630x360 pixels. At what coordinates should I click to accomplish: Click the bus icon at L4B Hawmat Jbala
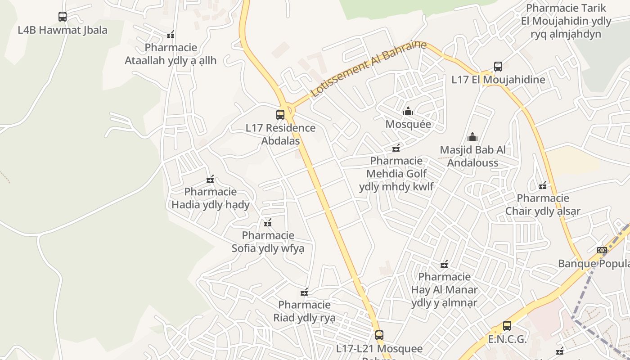pyautogui.click(x=63, y=17)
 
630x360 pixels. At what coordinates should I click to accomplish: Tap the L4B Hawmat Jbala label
pyautogui.click(x=63, y=30)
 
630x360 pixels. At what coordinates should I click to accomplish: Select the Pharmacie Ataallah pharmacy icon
pyautogui.click(x=171, y=35)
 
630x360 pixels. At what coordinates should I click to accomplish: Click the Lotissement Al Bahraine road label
pyautogui.click(x=368, y=69)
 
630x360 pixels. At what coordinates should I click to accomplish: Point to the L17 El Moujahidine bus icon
pyautogui.click(x=498, y=67)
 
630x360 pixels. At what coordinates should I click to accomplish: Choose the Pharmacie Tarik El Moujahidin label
pyautogui.click(x=566, y=21)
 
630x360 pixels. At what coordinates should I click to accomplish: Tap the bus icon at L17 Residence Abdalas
pyautogui.click(x=280, y=115)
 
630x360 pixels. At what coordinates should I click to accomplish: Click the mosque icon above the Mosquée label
pyautogui.click(x=408, y=111)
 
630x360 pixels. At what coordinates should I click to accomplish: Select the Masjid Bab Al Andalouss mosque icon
pyautogui.click(x=472, y=136)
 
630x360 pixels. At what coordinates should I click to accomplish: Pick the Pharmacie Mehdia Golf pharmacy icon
pyautogui.click(x=396, y=148)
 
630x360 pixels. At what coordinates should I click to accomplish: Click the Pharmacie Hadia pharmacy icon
pyautogui.click(x=210, y=179)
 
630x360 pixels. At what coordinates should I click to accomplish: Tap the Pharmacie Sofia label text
pyautogui.click(x=268, y=242)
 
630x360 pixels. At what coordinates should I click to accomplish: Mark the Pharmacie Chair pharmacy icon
pyautogui.click(x=543, y=185)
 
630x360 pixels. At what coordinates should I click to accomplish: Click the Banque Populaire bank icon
pyautogui.click(x=602, y=250)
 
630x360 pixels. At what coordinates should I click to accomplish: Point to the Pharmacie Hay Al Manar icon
pyautogui.click(x=444, y=264)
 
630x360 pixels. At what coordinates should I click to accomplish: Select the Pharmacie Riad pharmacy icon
pyautogui.click(x=304, y=292)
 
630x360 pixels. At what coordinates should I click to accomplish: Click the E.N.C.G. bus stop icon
pyautogui.click(x=507, y=326)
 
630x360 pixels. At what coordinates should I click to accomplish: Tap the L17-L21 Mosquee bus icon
pyautogui.click(x=379, y=335)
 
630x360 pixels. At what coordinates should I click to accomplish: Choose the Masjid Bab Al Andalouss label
pyautogui.click(x=472, y=156)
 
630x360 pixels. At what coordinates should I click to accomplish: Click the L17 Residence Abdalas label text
pyautogui.click(x=280, y=134)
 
